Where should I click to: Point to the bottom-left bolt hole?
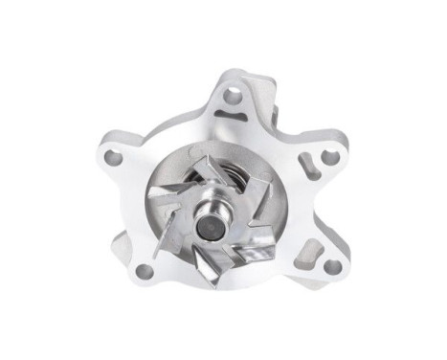point(145,271)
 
